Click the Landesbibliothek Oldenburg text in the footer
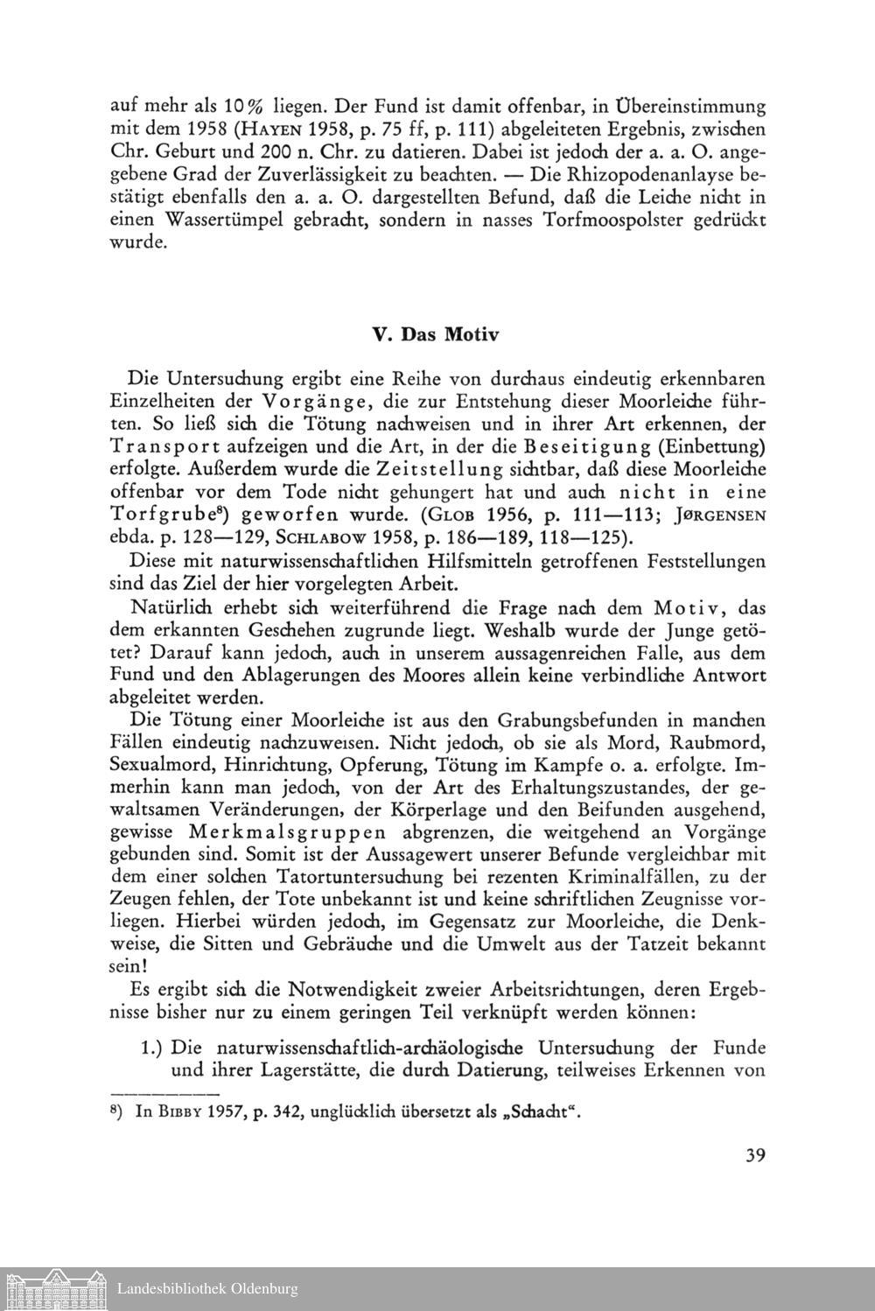pos(207,1289)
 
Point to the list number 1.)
pos(154,1047)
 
